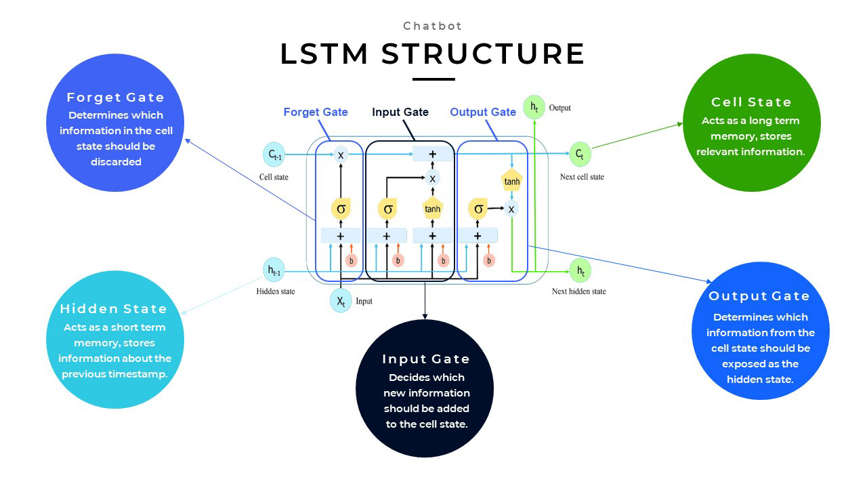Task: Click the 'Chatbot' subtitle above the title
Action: tap(433, 26)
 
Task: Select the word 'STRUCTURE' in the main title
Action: tap(483, 54)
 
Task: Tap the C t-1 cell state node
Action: tap(274, 155)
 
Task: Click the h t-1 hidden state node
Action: tap(274, 270)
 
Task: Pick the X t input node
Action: tap(341, 300)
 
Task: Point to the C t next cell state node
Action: tap(580, 154)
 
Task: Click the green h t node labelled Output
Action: tap(534, 107)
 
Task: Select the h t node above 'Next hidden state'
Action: tap(580, 270)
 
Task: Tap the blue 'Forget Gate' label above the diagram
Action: tap(316, 112)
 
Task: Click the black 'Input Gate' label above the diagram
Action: tap(400, 112)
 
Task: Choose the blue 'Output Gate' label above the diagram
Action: tap(483, 112)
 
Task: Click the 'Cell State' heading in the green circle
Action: tap(751, 102)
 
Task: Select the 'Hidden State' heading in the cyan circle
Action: tap(113, 309)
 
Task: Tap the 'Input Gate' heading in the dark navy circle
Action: tap(425, 359)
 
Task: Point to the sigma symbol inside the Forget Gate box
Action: tap(341, 209)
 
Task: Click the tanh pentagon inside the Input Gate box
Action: tap(432, 209)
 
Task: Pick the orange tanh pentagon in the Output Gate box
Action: tap(511, 181)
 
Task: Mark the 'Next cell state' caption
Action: tap(582, 177)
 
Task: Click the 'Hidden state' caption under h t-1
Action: tap(276, 291)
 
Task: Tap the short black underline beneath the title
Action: tap(433, 79)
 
